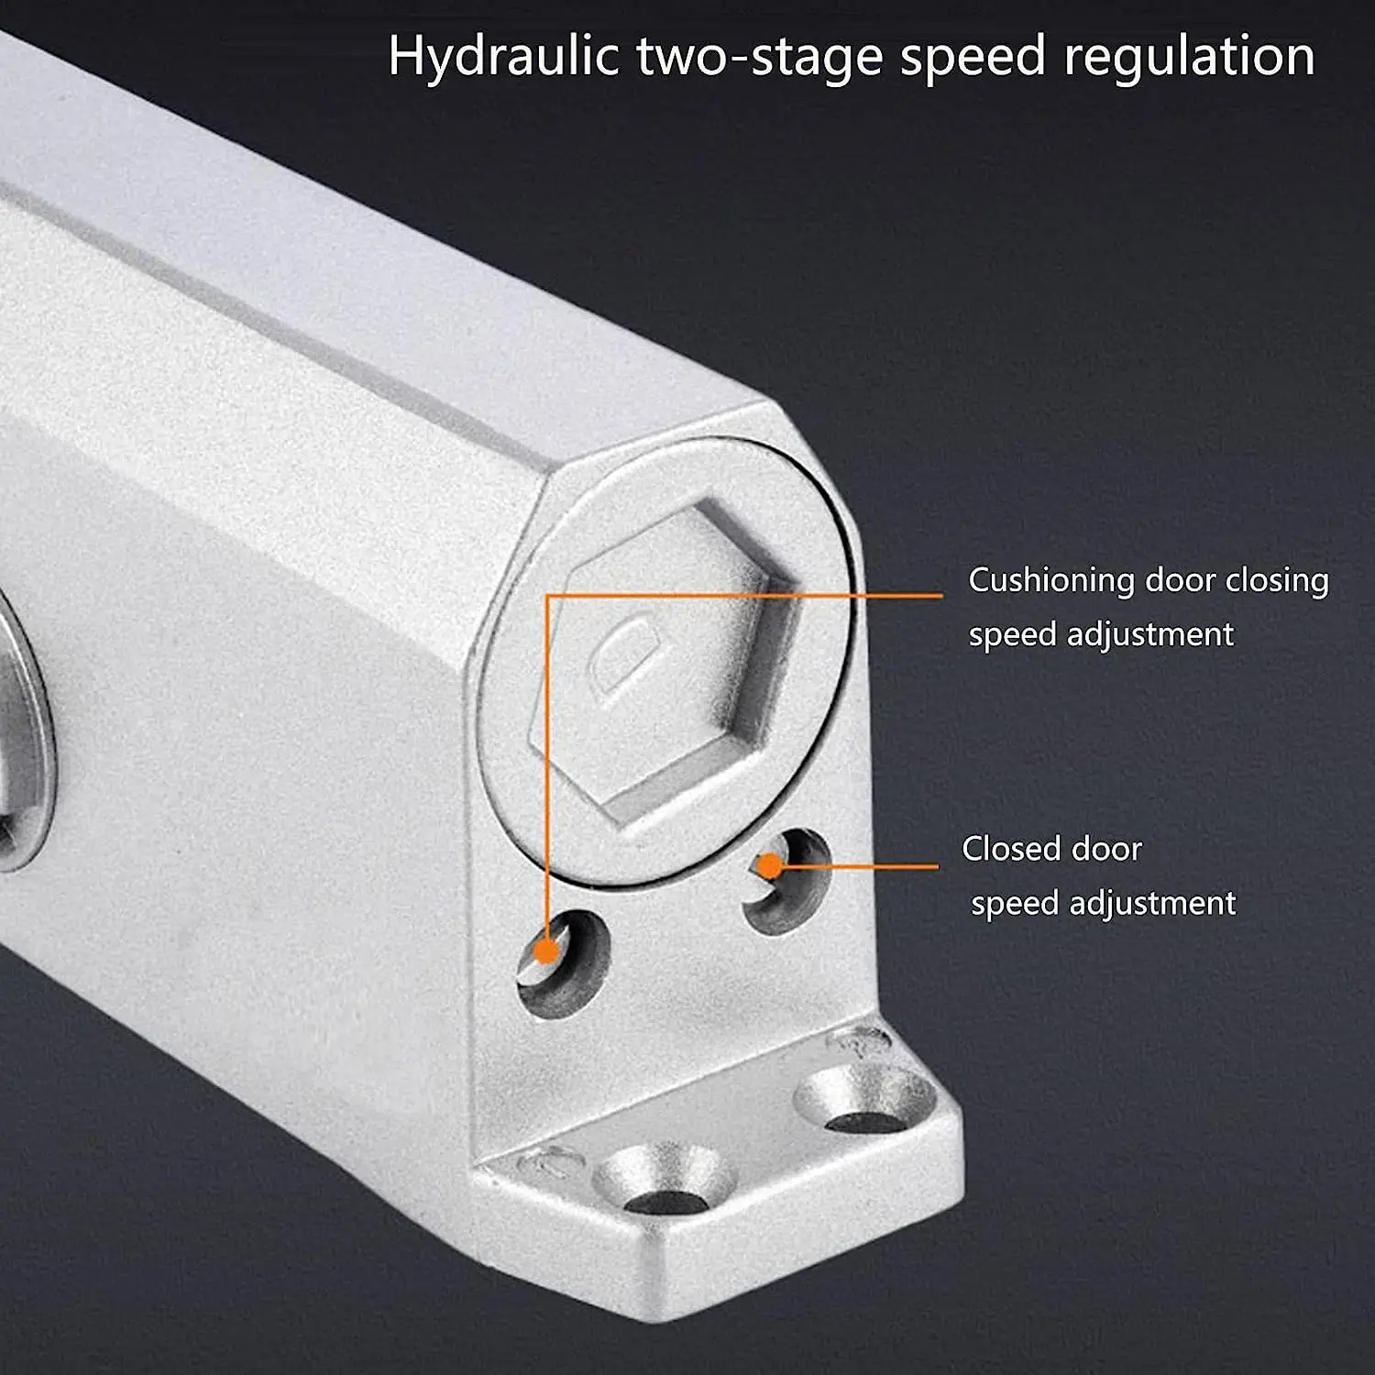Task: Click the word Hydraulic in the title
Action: [502, 57]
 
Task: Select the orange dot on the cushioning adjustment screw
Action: [546, 951]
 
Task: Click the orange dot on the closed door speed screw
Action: [770, 865]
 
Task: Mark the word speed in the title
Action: [972, 57]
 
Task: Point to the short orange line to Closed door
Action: [857, 865]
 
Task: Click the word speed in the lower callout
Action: [1014, 904]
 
